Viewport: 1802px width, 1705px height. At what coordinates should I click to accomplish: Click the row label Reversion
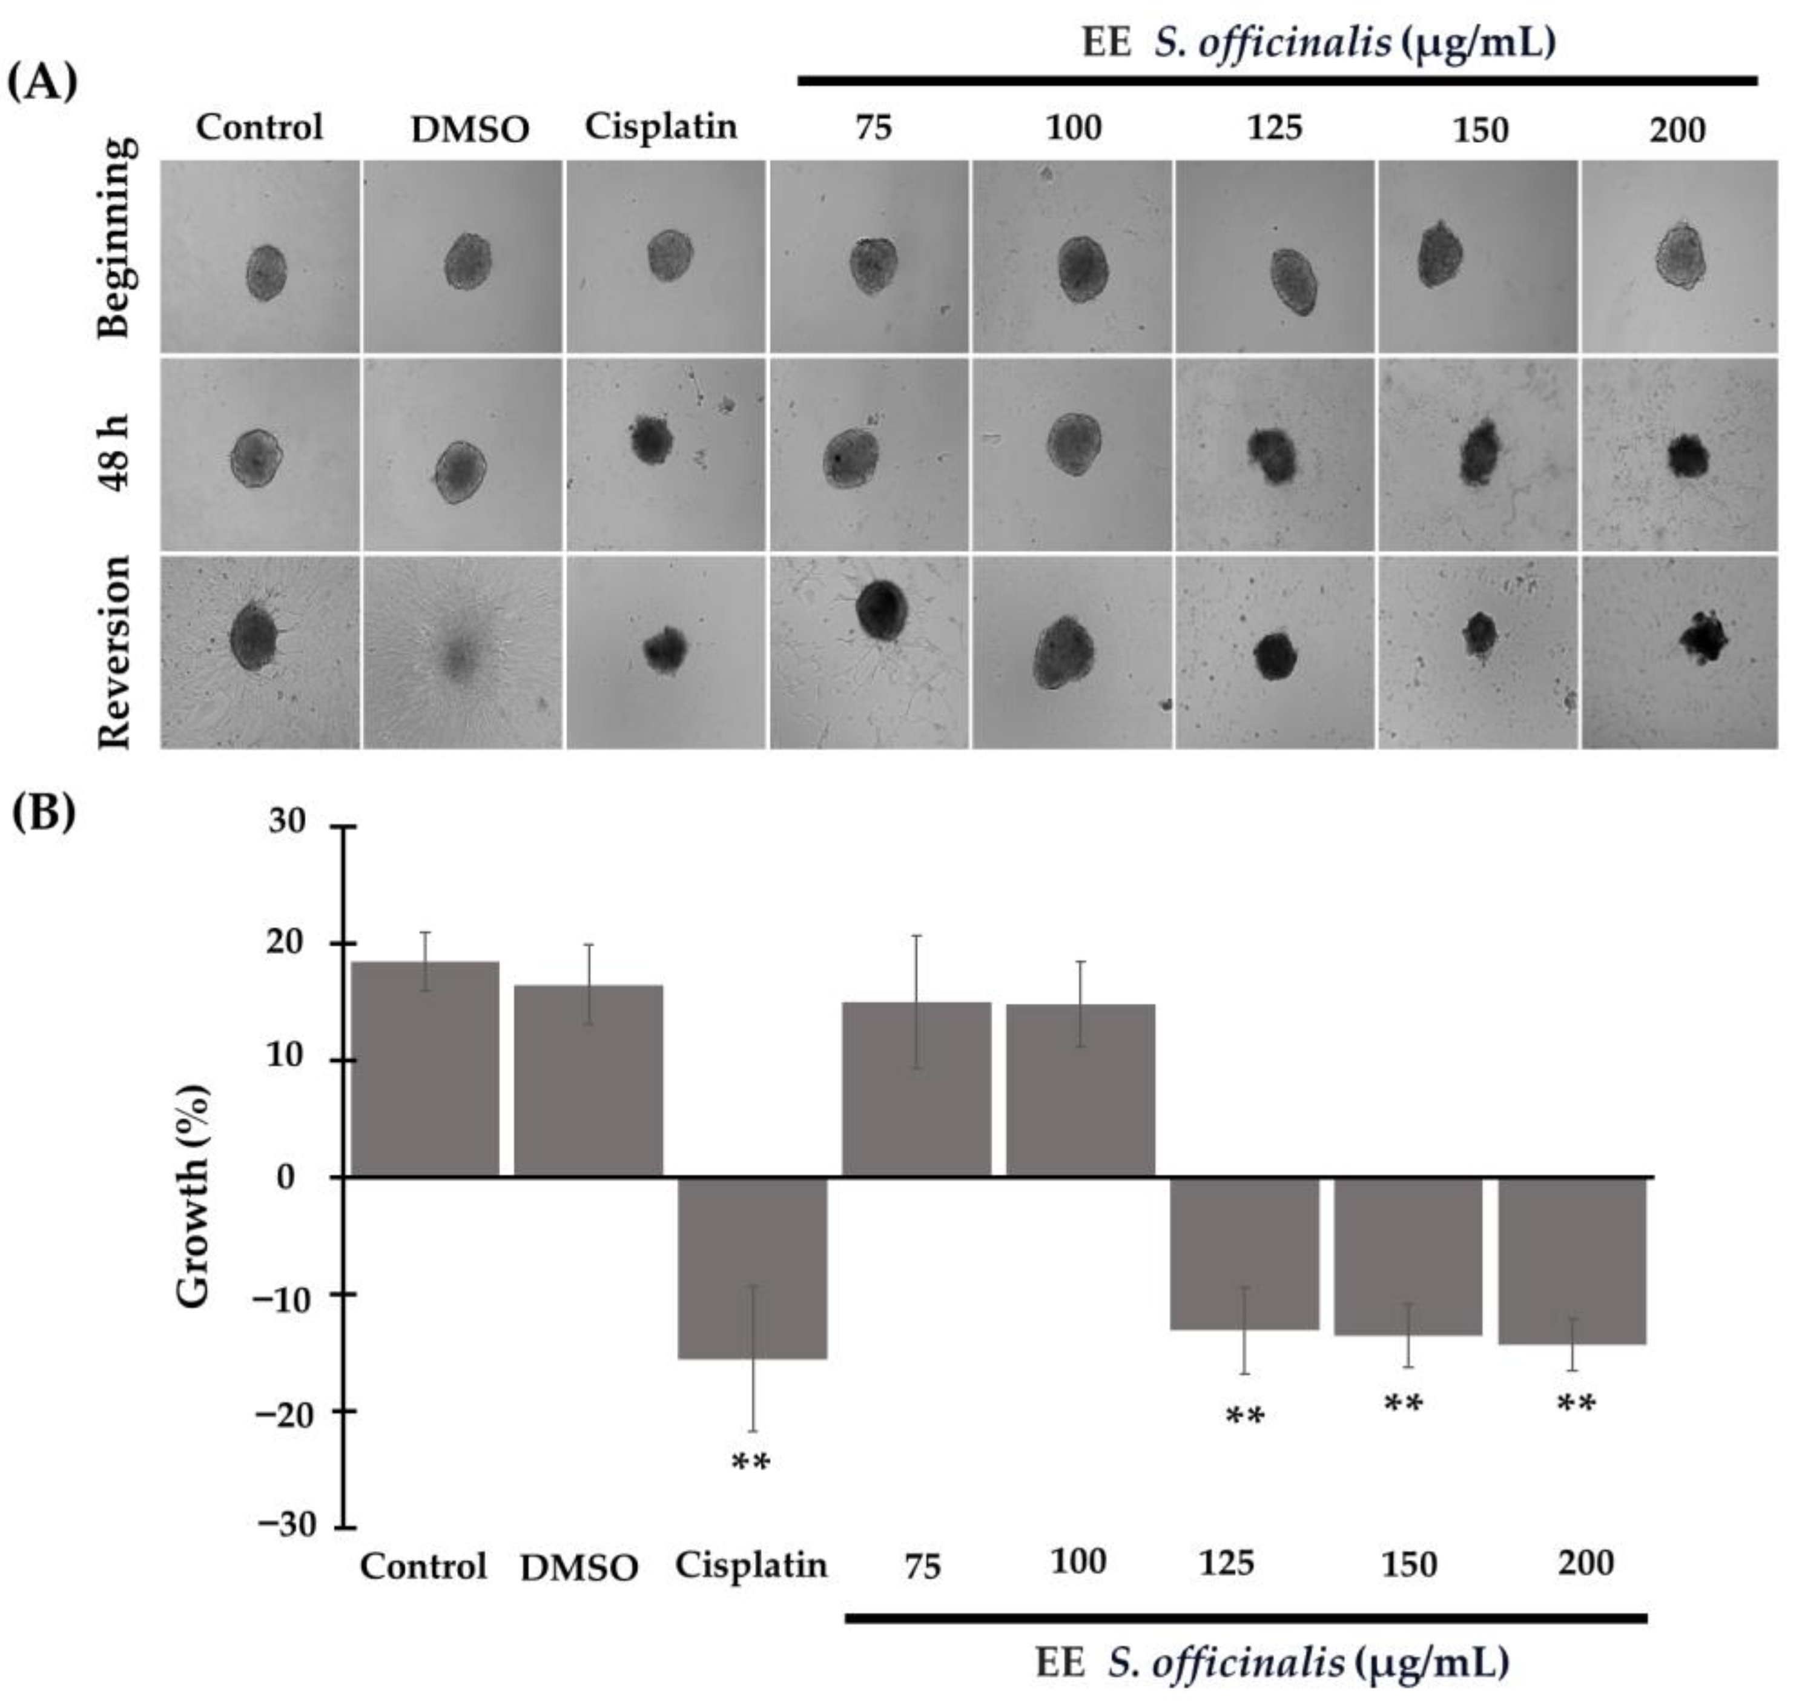116,652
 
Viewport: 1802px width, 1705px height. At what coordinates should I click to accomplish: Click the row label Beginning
116,238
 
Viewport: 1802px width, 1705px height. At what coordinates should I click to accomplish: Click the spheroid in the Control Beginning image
266,272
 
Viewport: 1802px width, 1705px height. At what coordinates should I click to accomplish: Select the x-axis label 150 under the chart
1408,1565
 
